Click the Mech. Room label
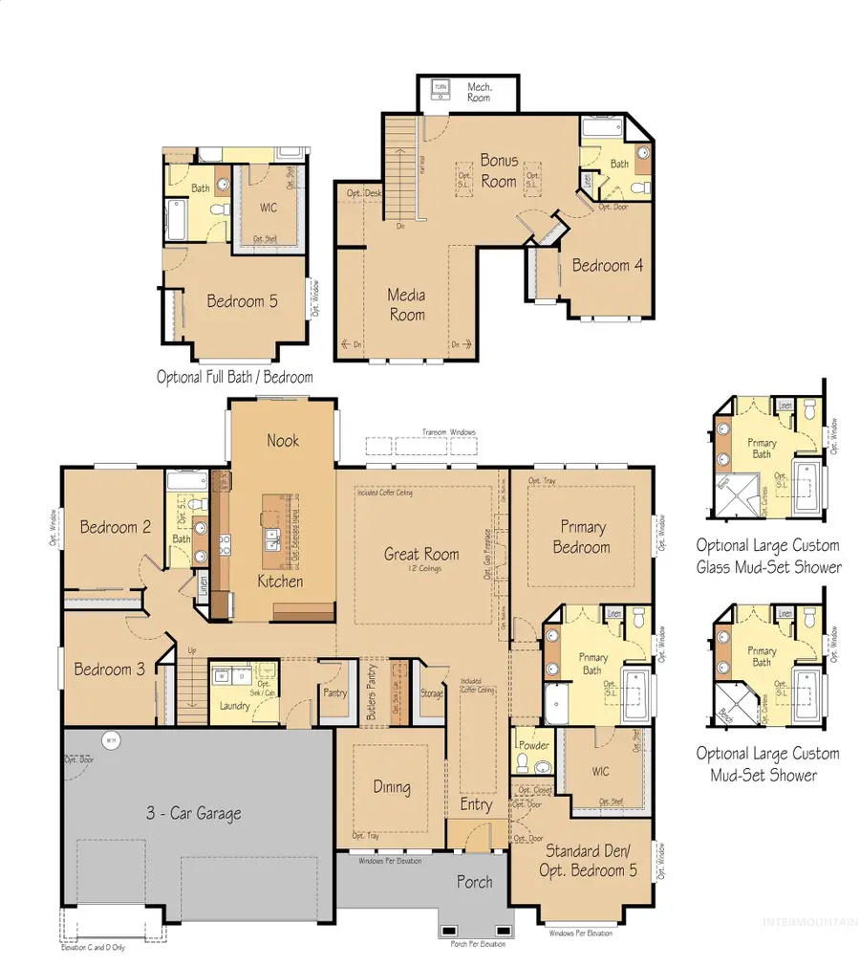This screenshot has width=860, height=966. (479, 92)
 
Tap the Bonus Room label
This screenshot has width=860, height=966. (499, 171)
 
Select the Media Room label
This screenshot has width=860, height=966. (406, 304)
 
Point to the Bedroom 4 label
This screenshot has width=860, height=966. (601, 265)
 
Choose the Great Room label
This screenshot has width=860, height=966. (421, 554)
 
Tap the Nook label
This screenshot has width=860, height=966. (283, 440)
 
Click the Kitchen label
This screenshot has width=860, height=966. (281, 582)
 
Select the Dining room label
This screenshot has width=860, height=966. (392, 787)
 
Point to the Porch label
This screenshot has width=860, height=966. (474, 881)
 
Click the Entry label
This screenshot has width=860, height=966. (476, 804)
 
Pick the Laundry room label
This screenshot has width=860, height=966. (234, 706)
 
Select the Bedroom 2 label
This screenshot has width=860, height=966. (116, 526)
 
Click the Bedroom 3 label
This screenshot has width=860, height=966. (110, 670)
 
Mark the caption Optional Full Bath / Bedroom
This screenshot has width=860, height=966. (235, 377)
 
